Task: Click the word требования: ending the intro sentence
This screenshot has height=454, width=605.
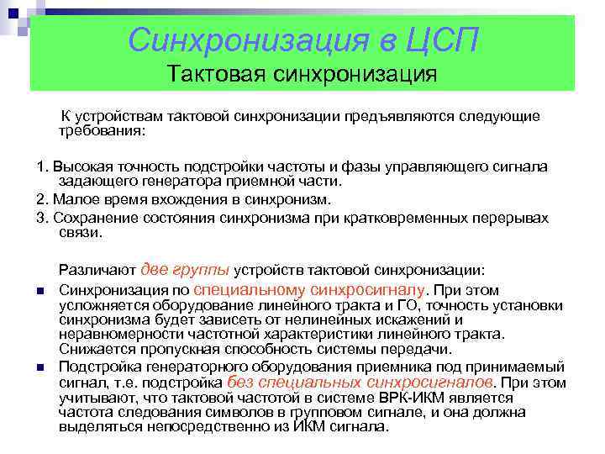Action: point(102,132)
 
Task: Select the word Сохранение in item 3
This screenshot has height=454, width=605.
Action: point(88,218)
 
